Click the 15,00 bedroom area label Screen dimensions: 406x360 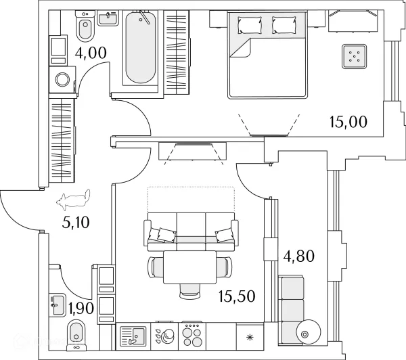pos(348,122)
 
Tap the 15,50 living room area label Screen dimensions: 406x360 pos(237,296)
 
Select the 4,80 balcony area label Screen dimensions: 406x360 pos(299,256)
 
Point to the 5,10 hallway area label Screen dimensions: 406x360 pos(76,222)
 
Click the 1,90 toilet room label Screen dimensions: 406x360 pos(81,308)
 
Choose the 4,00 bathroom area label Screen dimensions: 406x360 pos(91,53)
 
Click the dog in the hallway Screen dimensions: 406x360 pos(73,199)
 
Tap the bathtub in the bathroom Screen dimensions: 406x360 pos(141,47)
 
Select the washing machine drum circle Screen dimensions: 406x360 pos(62,79)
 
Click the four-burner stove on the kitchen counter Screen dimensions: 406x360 pos(191,336)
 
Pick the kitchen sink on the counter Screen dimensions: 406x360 pos(133,336)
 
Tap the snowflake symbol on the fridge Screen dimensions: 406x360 pos(250,337)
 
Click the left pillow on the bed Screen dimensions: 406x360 pos(250,25)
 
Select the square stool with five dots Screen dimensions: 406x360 pos(354,56)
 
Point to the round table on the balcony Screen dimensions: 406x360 pos(309,332)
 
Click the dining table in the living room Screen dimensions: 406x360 pos(189,267)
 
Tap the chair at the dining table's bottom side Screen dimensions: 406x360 pos(190,290)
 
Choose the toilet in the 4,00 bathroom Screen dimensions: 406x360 pos(85,26)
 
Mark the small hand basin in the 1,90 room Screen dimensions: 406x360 pos(58,305)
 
